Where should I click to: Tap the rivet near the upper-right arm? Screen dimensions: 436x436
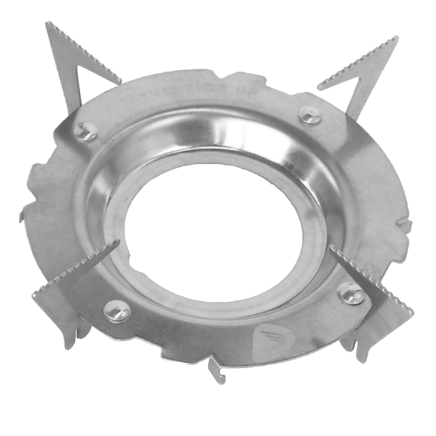pos(310,116)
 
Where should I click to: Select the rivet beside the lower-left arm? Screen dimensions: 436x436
pos(117,311)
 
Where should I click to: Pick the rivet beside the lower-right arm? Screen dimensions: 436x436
pos(351,293)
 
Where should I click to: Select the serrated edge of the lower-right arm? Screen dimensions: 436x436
pos(371,279)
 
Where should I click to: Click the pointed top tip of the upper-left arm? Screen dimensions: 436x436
pos(48,24)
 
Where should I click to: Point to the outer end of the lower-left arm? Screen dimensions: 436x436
pos(34,294)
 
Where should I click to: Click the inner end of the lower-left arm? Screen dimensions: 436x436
pos(117,242)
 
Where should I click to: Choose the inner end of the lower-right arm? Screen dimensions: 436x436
pos(332,247)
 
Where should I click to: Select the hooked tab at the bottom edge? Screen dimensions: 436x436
pos(217,371)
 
